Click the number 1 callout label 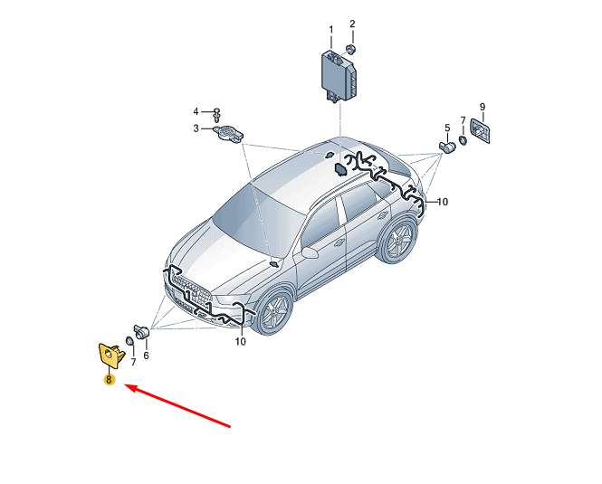(331, 30)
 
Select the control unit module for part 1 (339, 76)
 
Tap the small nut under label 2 (350, 50)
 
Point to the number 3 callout (196, 128)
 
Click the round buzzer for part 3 (227, 133)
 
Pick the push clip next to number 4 (217, 114)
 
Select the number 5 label (447, 128)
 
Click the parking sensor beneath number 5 (447, 147)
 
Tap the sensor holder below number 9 (481, 131)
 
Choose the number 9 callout (483, 107)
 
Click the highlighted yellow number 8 (110, 380)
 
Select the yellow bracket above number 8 (111, 356)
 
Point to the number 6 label (146, 356)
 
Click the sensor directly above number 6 (141, 331)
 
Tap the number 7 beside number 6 (133, 362)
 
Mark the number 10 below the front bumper (240, 341)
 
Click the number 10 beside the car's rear (443, 202)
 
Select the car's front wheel (275, 312)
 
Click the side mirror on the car (311, 252)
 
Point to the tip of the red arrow (125, 385)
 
